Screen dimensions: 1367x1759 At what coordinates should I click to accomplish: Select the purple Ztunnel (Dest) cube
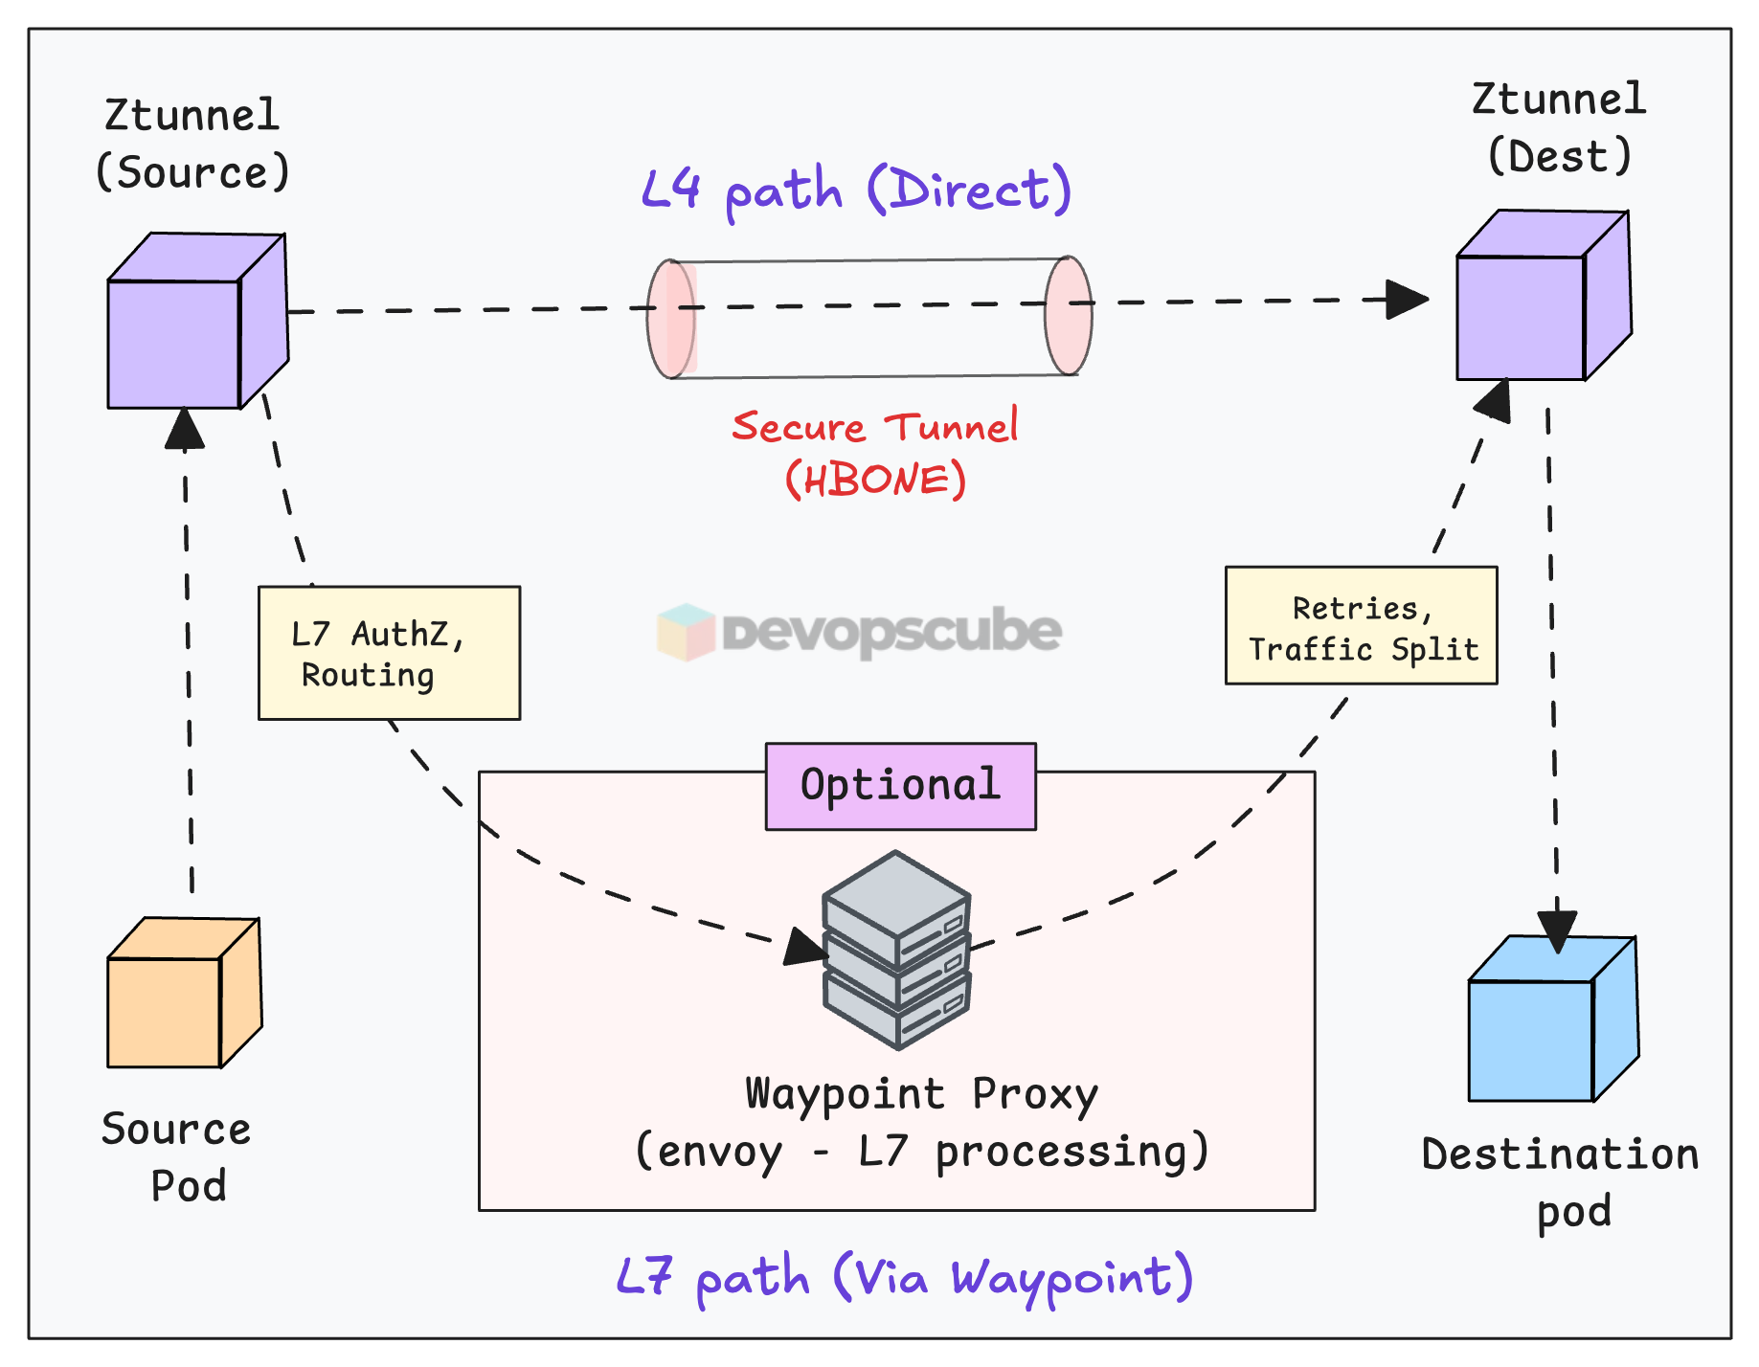(1542, 297)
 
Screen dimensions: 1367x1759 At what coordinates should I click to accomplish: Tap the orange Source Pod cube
(183, 995)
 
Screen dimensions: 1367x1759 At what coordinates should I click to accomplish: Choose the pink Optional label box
(900, 786)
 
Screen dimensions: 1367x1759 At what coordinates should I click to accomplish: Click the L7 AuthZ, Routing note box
(389, 653)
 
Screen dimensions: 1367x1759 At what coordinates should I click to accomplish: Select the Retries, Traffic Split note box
(1361, 626)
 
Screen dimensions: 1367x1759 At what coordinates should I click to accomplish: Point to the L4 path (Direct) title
(855, 190)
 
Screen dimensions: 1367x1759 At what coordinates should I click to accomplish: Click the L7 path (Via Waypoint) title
(905, 1277)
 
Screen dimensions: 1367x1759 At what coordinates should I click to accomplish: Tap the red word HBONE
(875, 480)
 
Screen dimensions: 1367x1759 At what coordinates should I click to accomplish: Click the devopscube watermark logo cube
(686, 632)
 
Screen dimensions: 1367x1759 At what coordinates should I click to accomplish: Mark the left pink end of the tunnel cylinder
(670, 319)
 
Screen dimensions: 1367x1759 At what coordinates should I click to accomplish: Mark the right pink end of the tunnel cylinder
(1068, 315)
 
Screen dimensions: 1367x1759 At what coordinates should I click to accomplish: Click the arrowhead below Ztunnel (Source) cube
(184, 429)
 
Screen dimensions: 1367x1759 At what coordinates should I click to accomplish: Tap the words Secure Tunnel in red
(874, 426)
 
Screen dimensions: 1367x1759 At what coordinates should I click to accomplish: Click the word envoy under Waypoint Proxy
(719, 1152)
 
